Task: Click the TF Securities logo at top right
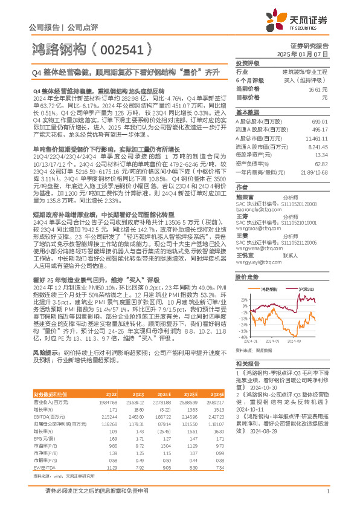coord(307,21)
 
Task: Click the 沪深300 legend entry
coord(304,290)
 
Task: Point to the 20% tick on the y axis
coord(243,299)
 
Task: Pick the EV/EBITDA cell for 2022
coord(111,450)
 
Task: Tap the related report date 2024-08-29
coord(253,421)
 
